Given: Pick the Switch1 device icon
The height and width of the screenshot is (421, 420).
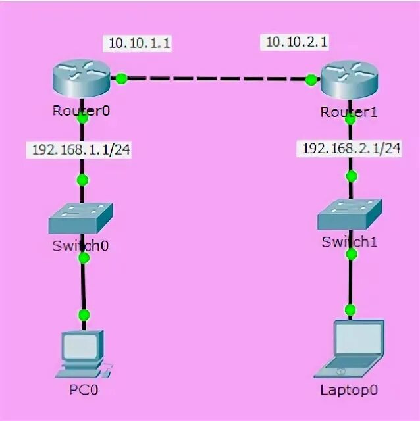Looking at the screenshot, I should tap(349, 214).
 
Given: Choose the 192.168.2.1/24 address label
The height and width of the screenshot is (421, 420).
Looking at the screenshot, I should tap(351, 148).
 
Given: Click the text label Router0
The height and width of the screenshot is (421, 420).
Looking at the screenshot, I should tap(81, 111).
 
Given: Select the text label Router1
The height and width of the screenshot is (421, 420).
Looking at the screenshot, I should tap(349, 112).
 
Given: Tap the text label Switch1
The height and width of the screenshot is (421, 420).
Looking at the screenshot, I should tap(350, 241).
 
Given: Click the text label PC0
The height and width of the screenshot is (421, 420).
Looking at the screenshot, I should tap(84, 389).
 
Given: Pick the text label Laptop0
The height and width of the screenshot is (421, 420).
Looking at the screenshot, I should tap(350, 389).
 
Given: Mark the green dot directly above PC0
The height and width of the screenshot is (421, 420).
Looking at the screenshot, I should tap(83, 315).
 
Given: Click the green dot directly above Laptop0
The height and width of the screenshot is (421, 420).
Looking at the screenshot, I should tap(350, 310).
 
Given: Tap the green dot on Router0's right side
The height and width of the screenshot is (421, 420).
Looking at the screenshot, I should tap(121, 79).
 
